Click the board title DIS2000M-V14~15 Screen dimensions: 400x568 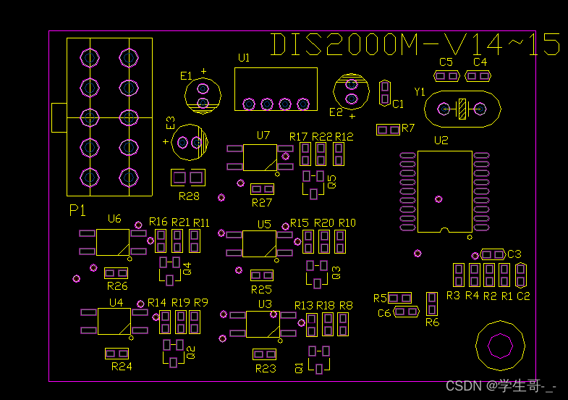[415, 45]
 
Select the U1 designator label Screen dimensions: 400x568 [244, 57]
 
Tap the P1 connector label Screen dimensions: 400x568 [77, 210]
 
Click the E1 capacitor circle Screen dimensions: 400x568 [203, 95]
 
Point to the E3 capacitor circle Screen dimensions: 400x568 [192, 142]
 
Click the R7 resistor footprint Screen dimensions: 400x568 [389, 130]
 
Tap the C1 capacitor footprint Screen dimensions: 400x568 [385, 92]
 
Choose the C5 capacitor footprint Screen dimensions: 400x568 [446, 75]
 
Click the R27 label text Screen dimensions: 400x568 [261, 203]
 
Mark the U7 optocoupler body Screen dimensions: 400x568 [259, 157]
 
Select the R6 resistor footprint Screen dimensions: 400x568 [432, 304]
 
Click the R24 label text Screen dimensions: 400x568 [122, 367]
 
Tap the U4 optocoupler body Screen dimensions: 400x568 [114, 321]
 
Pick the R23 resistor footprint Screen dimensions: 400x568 [264, 354]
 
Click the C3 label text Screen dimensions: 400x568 [514, 254]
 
